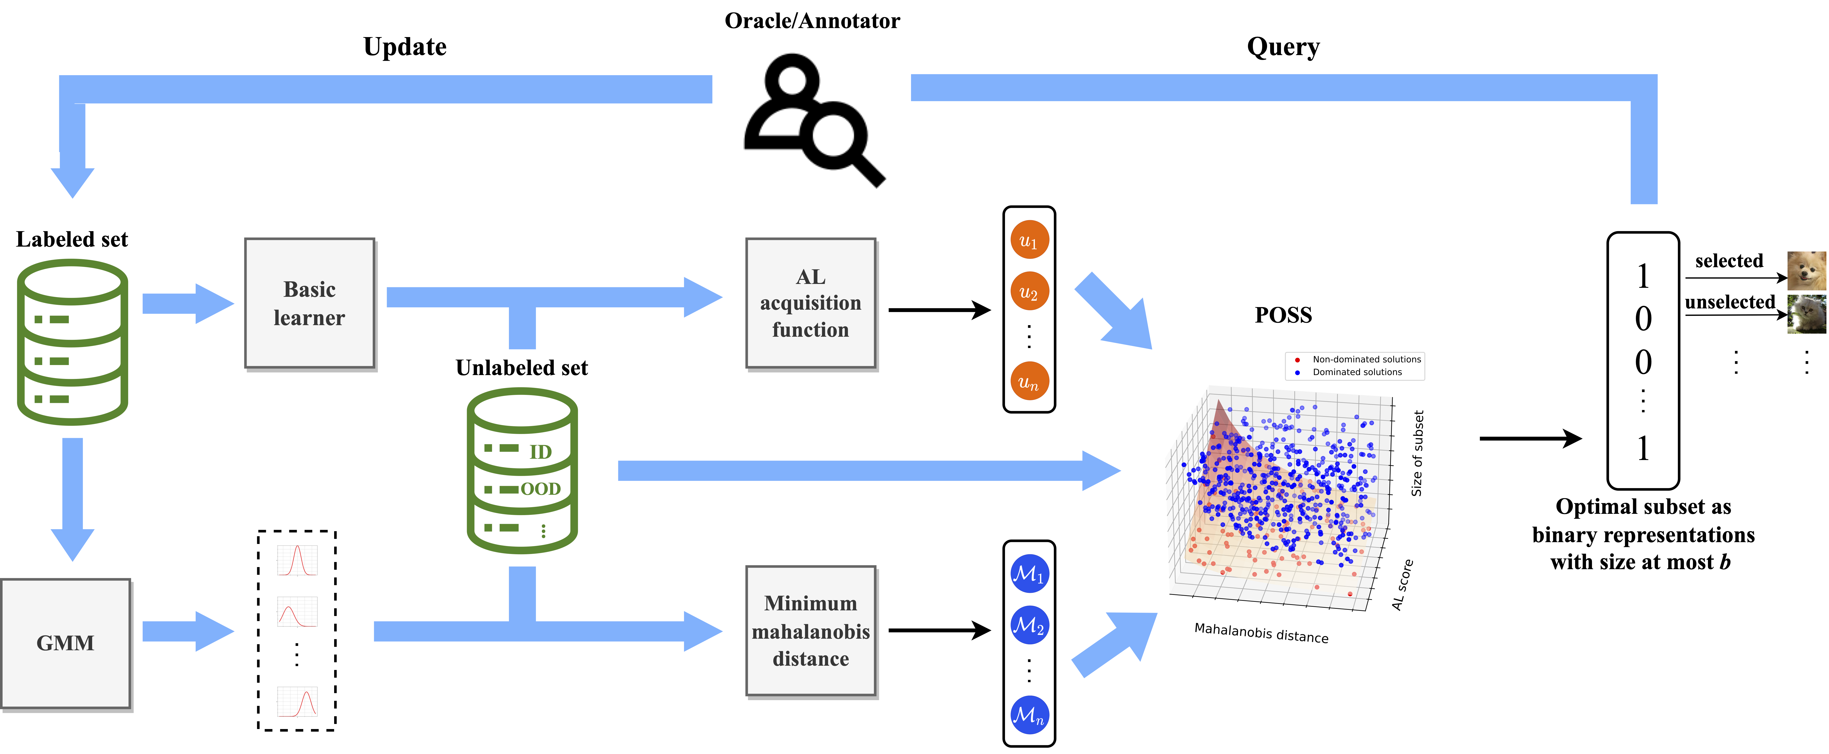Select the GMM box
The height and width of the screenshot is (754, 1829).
click(x=65, y=643)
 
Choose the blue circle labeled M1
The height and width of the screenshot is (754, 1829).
click(x=1029, y=574)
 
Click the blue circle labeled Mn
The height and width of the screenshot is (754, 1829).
click(x=1029, y=714)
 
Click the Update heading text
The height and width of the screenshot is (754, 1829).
click(x=405, y=47)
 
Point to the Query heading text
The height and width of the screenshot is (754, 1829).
click(x=1283, y=47)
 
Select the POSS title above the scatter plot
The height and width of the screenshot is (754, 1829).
click(x=1283, y=315)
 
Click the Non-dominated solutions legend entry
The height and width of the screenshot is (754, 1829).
click(x=1365, y=359)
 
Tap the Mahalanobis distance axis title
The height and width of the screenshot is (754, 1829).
click(x=1261, y=632)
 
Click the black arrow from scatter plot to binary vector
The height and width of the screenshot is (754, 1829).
click(x=1530, y=439)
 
